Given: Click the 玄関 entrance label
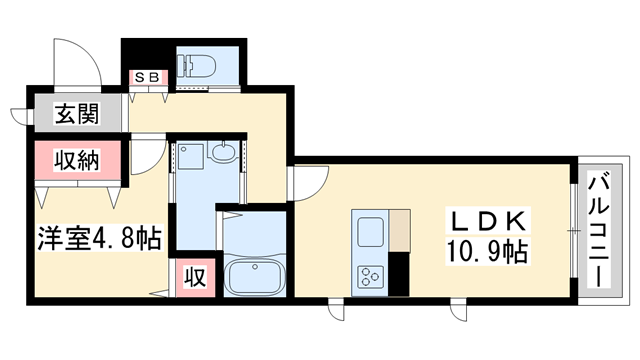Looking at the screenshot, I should click(76, 115).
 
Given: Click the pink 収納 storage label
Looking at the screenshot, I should click(75, 161).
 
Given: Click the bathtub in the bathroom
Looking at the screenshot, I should click(253, 274).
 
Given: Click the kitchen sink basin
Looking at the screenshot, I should click(368, 232).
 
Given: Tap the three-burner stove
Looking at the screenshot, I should click(369, 273).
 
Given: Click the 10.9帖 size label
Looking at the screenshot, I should click(490, 250).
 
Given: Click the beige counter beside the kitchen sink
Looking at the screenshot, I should click(400, 231).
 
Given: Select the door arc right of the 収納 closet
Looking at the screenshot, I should click(147, 155).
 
